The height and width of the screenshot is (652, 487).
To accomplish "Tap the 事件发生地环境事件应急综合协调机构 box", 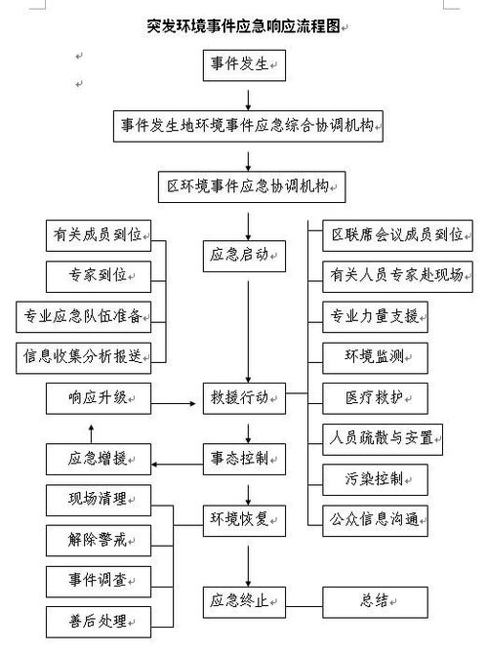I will [250, 125].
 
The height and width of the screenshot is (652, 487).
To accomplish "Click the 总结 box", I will [375, 598].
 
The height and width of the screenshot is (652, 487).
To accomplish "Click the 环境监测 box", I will [375, 356].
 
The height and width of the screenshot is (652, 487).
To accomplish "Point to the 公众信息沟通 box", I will [375, 518].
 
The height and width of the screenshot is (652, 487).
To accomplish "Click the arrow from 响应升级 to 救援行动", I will [176, 399].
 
